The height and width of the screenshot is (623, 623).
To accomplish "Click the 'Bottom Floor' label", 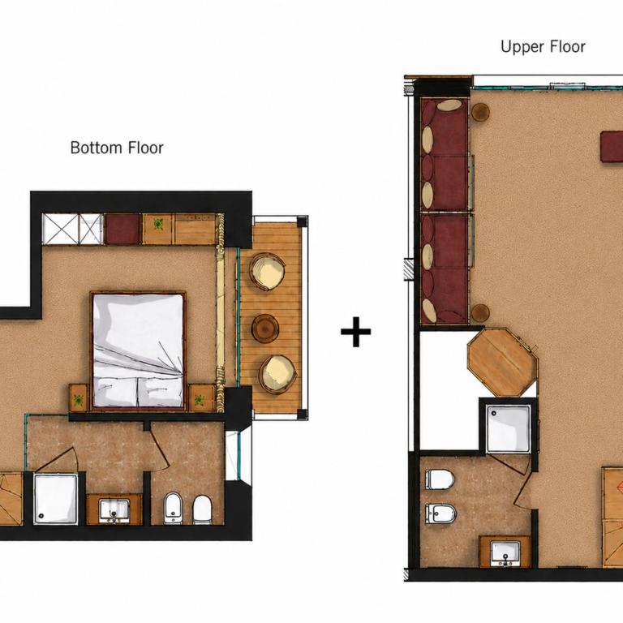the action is pos(117,148).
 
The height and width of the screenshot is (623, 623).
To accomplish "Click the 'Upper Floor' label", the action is pos(543,46).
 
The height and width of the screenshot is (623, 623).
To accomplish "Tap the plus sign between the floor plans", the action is pos(355,332).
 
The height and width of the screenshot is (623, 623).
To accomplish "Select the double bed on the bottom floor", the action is pos(138,350).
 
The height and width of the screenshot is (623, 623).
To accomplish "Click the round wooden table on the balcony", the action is pos(265,328).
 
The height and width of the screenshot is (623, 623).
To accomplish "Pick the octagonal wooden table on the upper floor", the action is pos(503,362).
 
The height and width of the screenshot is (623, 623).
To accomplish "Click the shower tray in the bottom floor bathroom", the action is pos(56,499).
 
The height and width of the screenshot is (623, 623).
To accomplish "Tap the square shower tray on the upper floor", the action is pos(508,428).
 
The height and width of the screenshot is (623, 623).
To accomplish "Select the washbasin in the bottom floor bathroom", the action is pos(114,510).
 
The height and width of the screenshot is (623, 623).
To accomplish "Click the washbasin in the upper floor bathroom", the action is pos(505,553).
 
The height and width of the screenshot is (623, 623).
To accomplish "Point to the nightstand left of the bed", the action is pos(78,397).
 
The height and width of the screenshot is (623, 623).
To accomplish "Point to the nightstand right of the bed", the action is pos(201,397).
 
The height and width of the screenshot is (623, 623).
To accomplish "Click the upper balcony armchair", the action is pos(268,273).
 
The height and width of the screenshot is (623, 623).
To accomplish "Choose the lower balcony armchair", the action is pos(277,374).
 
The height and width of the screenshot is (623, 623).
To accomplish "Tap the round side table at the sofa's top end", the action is pos(481,112).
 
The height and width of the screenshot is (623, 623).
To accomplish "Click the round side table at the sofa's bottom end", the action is pos(481,312).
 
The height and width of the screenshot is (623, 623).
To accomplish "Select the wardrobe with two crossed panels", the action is pos(73,229).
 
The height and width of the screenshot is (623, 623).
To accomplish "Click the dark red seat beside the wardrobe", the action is pos(122,230).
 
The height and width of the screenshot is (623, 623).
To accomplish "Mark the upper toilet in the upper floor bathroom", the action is pos(440,479).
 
